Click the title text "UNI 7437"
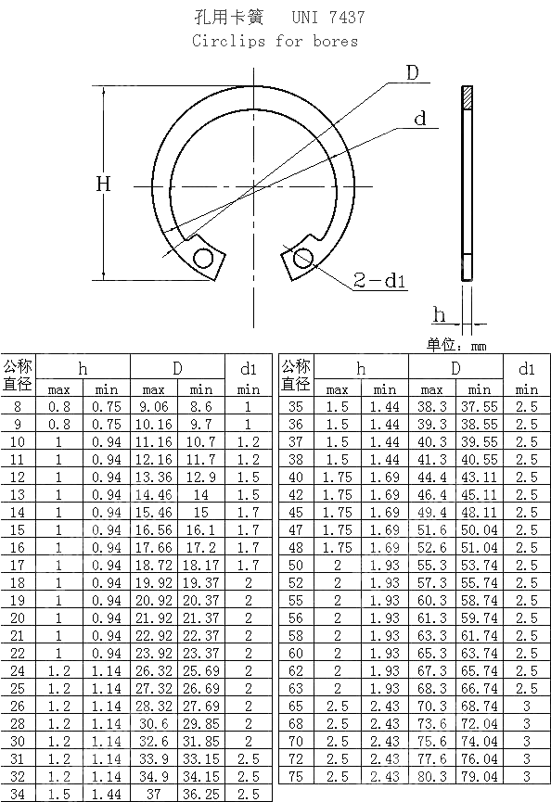click(328, 18)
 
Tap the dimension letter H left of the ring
click(104, 185)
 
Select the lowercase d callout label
click(420, 120)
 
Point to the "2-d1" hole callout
click(380, 280)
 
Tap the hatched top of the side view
click(467, 95)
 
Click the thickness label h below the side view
click(440, 315)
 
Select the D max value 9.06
click(154, 406)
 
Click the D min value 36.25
click(201, 794)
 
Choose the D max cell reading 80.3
click(432, 776)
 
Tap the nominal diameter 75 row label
click(297, 776)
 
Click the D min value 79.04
click(480, 776)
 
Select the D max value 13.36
click(154, 477)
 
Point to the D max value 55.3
click(432, 565)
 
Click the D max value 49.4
click(432, 512)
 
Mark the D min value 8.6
click(201, 406)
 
